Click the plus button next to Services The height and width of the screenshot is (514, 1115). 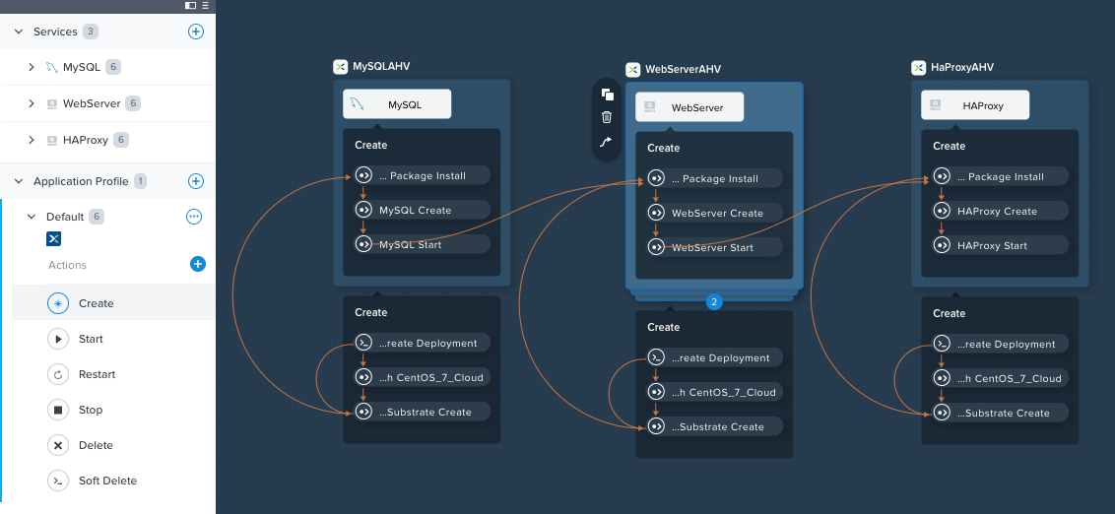point(196,32)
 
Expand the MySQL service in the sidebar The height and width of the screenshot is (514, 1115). point(32,67)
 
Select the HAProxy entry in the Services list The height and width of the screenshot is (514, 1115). point(86,140)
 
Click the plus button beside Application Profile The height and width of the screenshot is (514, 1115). point(196,181)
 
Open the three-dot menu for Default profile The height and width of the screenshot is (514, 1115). point(194,216)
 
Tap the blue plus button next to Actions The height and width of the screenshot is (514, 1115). point(198,265)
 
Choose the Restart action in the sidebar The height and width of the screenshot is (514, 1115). point(97,374)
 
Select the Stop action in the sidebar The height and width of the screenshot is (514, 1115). point(91,411)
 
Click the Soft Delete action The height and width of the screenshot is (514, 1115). point(107,481)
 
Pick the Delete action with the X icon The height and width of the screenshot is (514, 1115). point(96,446)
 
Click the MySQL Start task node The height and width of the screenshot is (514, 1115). point(423,244)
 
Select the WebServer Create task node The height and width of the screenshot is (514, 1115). point(715,214)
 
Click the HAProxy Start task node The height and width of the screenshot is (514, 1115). point(1001,246)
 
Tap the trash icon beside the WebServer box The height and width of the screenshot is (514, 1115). point(607,117)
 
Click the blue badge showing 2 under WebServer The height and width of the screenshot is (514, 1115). point(714,302)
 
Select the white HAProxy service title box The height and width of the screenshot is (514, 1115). point(975,106)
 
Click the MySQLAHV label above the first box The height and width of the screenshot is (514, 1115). point(381,67)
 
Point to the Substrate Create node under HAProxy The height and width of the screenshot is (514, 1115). point(1001,413)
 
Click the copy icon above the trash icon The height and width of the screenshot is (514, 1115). point(607,95)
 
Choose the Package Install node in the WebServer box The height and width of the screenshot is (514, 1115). point(715,179)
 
